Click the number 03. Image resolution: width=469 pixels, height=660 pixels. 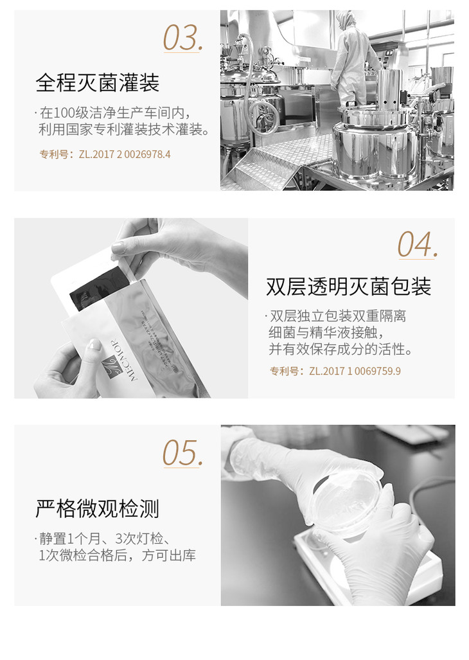pos(183,38)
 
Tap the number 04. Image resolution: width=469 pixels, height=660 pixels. pos(418,244)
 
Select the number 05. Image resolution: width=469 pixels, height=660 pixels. pos(183,453)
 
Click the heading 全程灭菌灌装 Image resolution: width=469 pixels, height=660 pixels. pos(98,82)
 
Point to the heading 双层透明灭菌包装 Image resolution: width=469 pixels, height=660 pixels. pos(349,287)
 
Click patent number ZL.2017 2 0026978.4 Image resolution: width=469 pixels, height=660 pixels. pos(125,154)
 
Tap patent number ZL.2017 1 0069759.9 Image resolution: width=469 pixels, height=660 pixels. pos(355,371)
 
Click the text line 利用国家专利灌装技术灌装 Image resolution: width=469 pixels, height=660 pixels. pos(123,130)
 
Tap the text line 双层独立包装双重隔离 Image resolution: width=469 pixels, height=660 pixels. pos(338,316)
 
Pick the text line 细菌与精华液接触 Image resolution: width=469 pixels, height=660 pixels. pos(326,332)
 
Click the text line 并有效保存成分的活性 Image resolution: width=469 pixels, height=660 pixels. pos(341,349)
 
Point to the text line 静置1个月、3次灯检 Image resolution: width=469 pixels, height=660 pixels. pos(105,539)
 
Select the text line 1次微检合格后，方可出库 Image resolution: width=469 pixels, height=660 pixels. pos(118,555)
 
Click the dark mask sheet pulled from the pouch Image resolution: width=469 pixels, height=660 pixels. pos(100,287)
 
